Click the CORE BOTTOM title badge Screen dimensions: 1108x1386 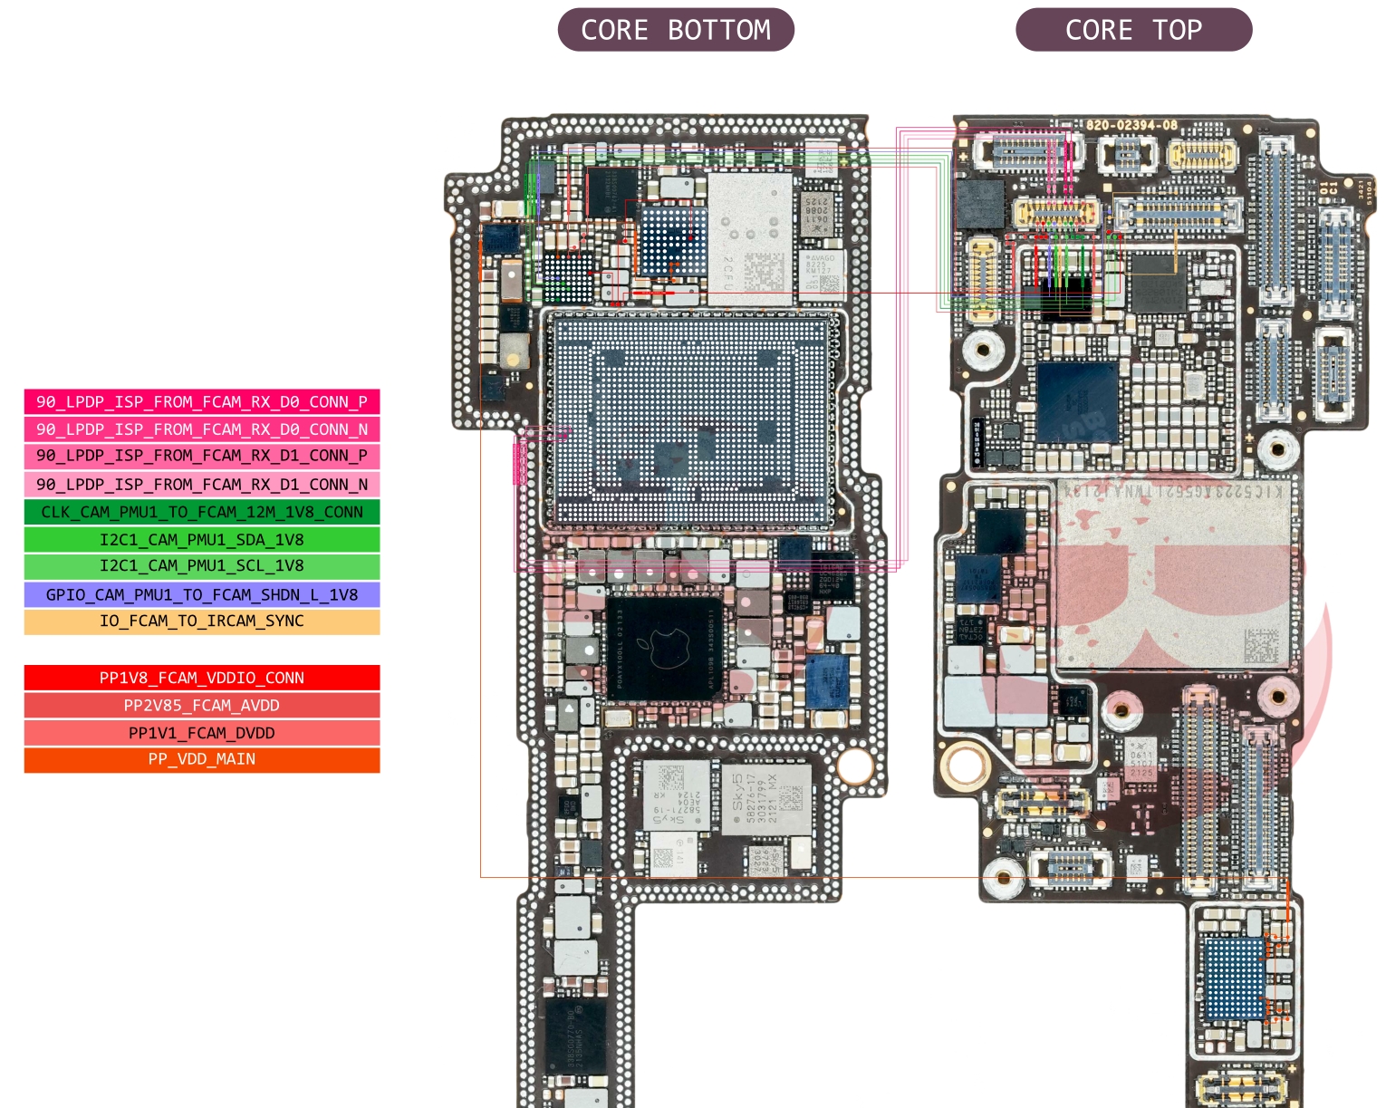pyautogui.click(x=676, y=30)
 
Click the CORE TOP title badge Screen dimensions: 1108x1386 pyautogui.click(x=1133, y=30)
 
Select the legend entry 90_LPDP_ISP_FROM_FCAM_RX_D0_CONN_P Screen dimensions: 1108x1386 pyautogui.click(x=202, y=401)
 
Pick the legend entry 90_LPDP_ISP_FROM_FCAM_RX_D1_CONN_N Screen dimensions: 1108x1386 pyautogui.click(x=202, y=484)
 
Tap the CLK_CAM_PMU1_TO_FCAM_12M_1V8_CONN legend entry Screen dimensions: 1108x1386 pyautogui.click(x=202, y=512)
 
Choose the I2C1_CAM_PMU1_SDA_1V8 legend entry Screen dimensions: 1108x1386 pyautogui.click(x=202, y=540)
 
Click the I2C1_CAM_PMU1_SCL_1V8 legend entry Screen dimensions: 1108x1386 pyautogui.click(x=202, y=566)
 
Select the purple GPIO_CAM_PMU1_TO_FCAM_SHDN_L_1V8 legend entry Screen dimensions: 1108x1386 pyautogui.click(x=202, y=594)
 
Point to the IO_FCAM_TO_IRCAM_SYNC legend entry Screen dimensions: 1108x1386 pyautogui.click(x=202, y=621)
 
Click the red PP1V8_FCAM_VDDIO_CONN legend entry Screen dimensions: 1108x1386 pyautogui.click(x=202, y=678)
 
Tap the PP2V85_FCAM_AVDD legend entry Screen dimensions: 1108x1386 pyautogui.click(x=202, y=705)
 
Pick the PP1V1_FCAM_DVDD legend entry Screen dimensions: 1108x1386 pyautogui.click(x=202, y=733)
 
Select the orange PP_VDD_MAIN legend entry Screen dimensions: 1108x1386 pyautogui.click(x=202, y=759)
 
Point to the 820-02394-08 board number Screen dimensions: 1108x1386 pyautogui.click(x=1131, y=125)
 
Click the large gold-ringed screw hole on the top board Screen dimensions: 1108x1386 pyautogui.click(x=966, y=766)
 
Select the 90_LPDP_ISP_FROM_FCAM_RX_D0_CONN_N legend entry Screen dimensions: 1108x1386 pyautogui.click(x=202, y=429)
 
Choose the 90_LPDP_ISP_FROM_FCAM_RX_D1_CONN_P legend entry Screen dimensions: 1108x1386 pyautogui.click(x=202, y=456)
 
